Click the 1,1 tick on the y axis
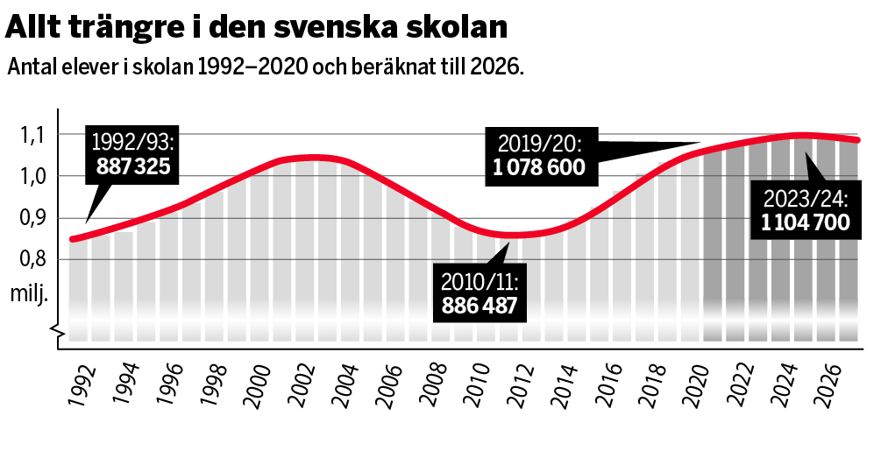tap(32, 135)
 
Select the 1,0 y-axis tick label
tap(32, 176)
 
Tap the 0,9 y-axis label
tap(32, 218)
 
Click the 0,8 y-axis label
tap(32, 260)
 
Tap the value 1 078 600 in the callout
tap(537, 166)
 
